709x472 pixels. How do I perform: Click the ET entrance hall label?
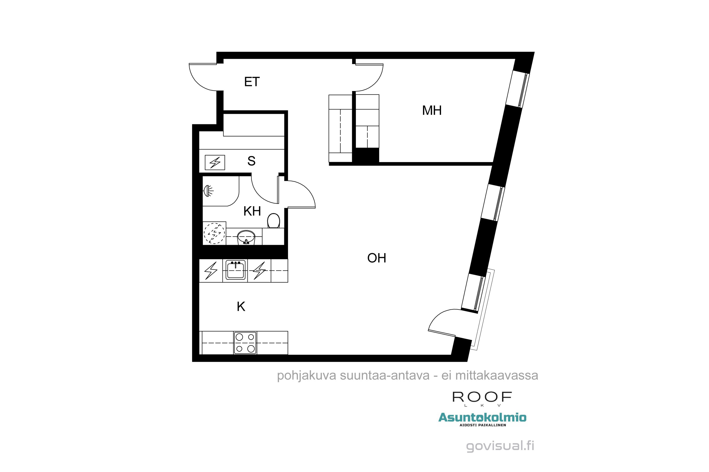click(252, 82)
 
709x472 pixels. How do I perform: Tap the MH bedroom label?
click(432, 110)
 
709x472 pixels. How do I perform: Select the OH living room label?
click(376, 258)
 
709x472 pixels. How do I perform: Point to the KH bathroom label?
click(252, 211)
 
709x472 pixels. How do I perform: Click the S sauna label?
click(251, 161)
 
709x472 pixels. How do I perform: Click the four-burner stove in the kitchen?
click(245, 343)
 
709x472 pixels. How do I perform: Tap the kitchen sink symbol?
click(235, 270)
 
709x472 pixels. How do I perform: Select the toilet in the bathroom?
click(273, 220)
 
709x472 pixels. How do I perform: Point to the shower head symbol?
click(208, 190)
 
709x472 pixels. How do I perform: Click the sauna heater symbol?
click(215, 163)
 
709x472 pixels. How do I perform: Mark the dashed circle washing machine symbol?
click(214, 233)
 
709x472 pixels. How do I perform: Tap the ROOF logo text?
click(482, 397)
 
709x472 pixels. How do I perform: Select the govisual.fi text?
click(500, 446)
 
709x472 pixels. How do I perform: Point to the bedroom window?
click(518, 89)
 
